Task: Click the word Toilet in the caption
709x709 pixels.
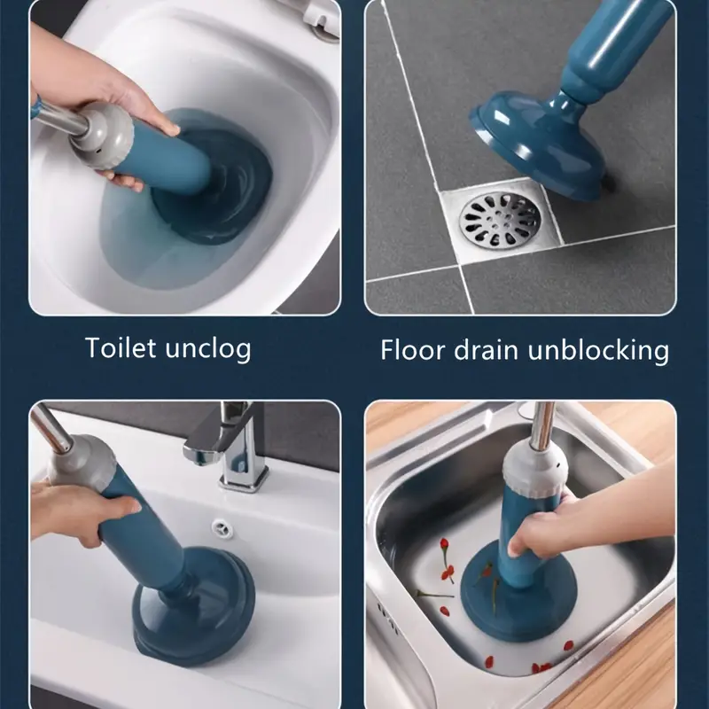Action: [x=121, y=347]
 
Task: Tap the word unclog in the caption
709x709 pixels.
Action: [x=208, y=349]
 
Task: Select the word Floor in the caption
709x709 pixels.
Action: [x=413, y=349]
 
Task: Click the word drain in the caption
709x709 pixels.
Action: [x=486, y=349]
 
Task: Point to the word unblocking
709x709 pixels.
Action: [x=597, y=350]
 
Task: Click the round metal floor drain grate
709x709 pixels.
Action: [x=500, y=221]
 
